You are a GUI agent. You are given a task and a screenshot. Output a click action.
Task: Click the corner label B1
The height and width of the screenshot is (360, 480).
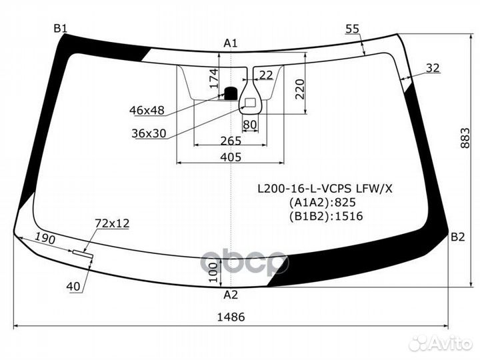pos(61,27)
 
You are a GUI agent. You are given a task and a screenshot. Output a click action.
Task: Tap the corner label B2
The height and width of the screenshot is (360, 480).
pos(457,236)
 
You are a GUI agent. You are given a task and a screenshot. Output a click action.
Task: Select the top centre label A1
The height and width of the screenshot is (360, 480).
pos(231,43)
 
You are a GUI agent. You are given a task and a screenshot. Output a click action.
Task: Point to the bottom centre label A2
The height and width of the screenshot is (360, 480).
pos(231,295)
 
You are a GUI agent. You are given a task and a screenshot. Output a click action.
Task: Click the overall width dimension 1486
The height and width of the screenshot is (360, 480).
pos(231,317)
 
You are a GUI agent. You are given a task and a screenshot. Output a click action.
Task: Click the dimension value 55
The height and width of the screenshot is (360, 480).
pos(353,28)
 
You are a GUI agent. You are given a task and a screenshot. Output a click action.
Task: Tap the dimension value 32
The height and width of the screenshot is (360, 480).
pos(433,67)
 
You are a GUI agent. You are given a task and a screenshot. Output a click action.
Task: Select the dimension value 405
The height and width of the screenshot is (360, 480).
pos(230,157)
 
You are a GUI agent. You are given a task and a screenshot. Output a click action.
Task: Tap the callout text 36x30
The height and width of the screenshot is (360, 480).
pos(149,133)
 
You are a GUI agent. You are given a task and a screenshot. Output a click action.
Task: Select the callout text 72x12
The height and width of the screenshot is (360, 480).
pos(112,223)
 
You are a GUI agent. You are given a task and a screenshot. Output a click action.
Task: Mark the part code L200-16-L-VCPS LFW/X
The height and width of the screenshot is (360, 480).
pos(325,189)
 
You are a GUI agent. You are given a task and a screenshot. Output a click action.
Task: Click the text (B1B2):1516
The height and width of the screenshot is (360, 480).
pos(325,216)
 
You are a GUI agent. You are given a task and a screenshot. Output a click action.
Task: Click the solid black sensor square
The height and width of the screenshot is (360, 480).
pos(231,93)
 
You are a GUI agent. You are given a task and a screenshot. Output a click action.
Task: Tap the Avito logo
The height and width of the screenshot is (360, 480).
pos(442,343)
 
